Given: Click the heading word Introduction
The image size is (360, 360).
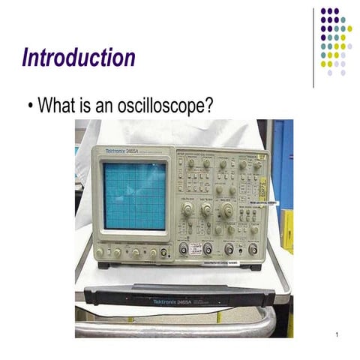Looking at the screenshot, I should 79,57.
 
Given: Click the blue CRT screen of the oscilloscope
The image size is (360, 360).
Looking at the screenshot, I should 134,196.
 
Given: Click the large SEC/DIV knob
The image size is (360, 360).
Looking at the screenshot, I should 226,212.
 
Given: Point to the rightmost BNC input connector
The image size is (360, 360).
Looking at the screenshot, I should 252,250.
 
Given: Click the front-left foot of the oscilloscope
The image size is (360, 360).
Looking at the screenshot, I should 103,265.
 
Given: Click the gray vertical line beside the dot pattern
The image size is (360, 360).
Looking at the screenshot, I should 314,45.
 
